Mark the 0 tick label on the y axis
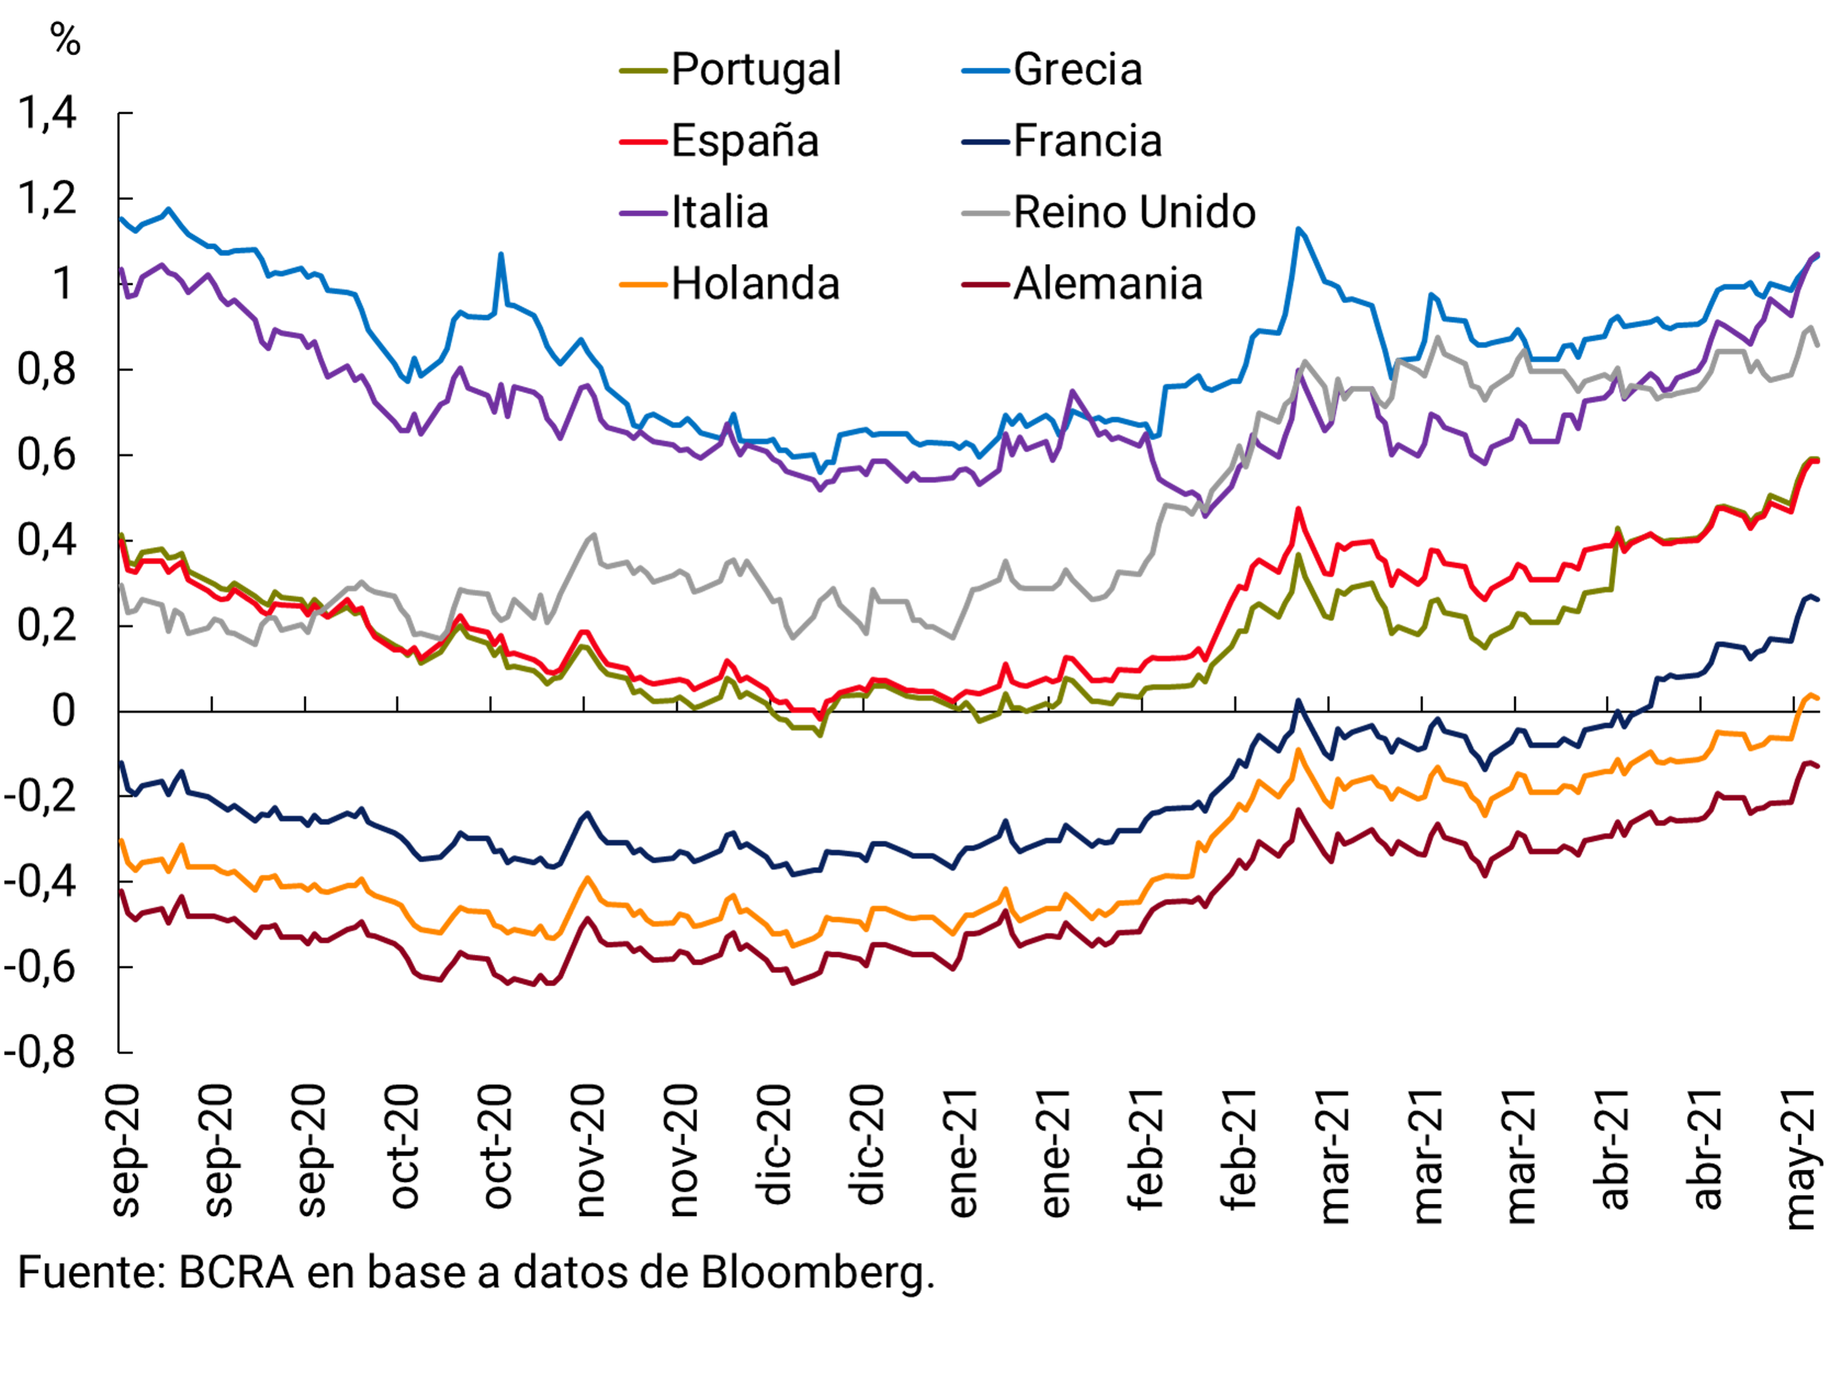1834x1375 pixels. coord(63,711)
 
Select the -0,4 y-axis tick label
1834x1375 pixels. coord(40,882)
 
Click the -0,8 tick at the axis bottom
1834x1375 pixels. coord(40,1053)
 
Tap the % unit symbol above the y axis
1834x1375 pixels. coord(65,39)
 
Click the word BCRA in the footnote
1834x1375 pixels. coord(236,1273)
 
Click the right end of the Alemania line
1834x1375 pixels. coord(1817,767)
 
